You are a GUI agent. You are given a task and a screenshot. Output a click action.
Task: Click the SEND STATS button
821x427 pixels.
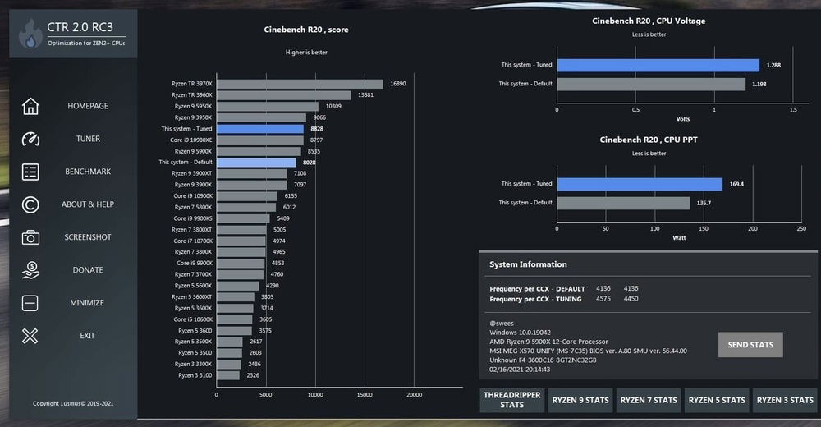tap(750, 345)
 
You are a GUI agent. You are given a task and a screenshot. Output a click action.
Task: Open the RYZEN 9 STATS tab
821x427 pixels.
tap(580, 400)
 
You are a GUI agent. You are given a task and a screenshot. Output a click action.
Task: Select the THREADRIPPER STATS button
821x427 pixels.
tap(511, 400)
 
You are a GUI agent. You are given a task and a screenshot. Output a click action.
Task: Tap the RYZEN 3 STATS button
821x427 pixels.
tap(785, 400)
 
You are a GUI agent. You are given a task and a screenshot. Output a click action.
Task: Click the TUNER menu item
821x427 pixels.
tap(88, 139)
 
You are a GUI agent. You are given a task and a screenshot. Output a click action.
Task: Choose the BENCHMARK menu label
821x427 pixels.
tap(88, 172)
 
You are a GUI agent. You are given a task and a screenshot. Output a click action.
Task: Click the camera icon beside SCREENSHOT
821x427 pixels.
tap(30, 237)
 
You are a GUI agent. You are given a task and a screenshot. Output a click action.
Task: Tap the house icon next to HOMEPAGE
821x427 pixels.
tap(30, 106)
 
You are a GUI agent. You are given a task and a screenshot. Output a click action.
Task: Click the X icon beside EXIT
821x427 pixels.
tap(30, 335)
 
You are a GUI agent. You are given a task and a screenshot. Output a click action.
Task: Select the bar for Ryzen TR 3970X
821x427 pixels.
tap(300, 84)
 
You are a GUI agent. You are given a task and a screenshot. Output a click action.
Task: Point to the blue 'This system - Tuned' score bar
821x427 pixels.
tap(259, 129)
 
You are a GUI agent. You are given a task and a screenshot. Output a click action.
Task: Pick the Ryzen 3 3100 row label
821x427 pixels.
tap(195, 375)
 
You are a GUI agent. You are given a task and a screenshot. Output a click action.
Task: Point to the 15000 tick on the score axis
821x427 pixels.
tap(365, 395)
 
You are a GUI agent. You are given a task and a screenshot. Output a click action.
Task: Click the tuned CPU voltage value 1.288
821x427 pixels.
tap(773, 65)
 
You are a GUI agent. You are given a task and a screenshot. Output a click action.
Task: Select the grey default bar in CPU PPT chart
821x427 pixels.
tap(623, 203)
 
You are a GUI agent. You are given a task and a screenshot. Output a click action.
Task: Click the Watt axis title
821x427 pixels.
tap(679, 239)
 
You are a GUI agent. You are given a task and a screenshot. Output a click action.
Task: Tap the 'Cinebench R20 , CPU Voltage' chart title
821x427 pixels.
tap(649, 21)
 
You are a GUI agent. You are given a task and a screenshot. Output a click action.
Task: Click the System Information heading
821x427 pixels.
tap(528, 264)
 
